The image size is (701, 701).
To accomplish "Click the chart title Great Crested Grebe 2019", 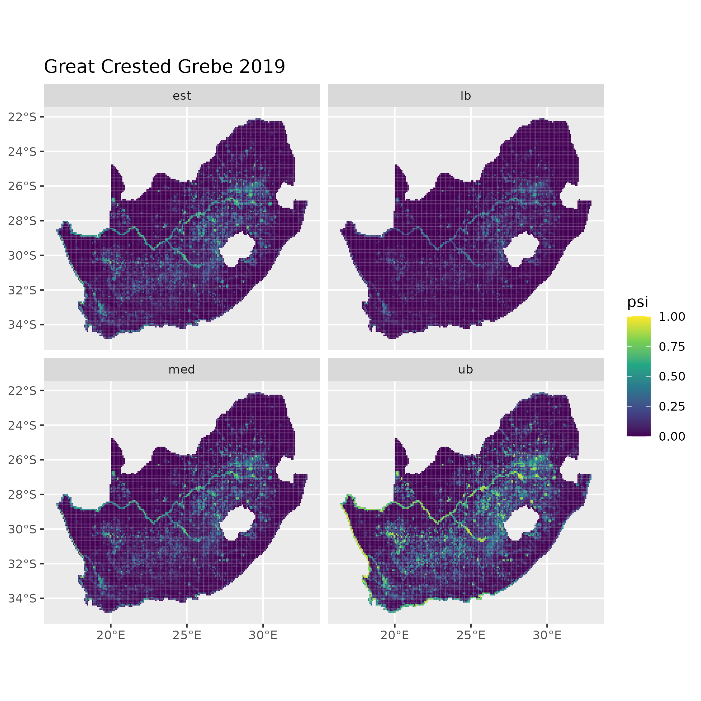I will point(164,67).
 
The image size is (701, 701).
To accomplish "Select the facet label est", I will point(182,96).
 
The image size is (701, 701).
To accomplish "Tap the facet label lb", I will point(466,96).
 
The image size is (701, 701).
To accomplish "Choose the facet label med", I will point(182,370).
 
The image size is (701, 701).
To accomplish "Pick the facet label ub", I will point(466,370).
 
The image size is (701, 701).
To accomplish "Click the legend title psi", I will point(638,302).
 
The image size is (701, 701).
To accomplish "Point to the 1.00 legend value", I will point(672,317).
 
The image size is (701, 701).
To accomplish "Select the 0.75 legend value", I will point(672,347).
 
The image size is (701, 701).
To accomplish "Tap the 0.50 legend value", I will point(672,377).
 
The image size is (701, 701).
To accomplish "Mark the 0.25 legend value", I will point(672,406).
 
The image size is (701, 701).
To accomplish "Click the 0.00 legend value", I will point(672,436).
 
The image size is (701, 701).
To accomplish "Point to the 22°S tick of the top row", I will point(22,117).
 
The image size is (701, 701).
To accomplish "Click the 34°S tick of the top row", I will point(22,325).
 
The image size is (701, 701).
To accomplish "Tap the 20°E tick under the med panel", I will point(111,635).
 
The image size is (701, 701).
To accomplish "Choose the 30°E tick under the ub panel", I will point(547,635).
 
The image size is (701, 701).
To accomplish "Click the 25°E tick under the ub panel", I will point(471,635).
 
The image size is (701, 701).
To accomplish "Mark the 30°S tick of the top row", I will point(22,255).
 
